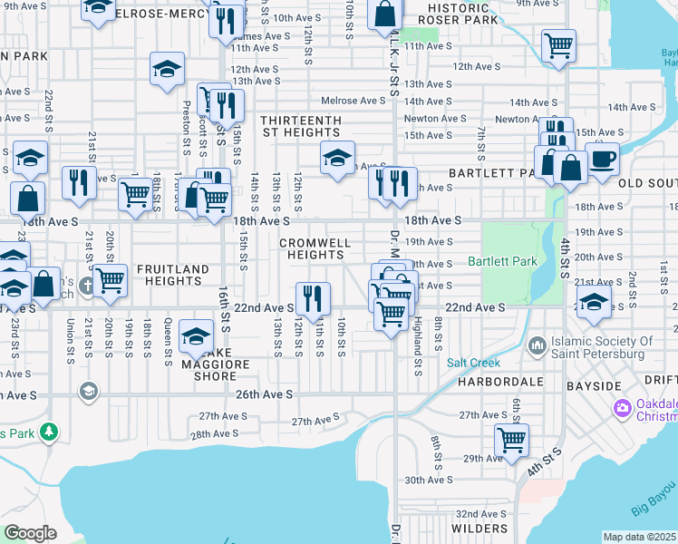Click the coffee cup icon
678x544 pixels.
(602, 160)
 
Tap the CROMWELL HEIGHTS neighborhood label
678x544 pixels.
(315, 249)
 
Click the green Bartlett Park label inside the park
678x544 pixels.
(502, 262)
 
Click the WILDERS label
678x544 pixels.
(479, 529)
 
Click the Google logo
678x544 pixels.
(31, 532)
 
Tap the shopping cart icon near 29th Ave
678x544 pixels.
(511, 440)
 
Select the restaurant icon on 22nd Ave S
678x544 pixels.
(313, 298)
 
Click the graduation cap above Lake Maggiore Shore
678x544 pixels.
(195, 337)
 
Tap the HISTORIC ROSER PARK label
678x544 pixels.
(462, 13)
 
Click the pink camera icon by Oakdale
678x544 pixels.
(621, 409)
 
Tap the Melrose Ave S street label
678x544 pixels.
(361, 101)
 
